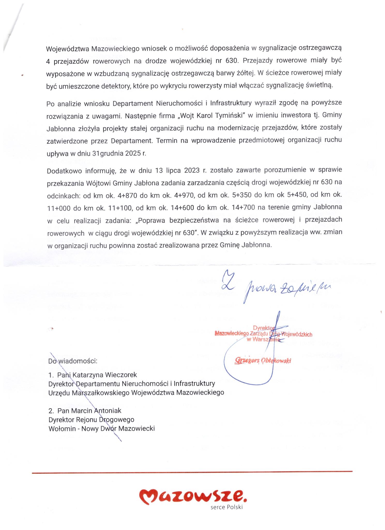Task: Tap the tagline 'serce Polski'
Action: (x=227, y=507)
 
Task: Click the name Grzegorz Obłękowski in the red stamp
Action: (x=263, y=360)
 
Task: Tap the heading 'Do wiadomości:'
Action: (x=73, y=361)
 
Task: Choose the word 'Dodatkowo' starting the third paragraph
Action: (x=64, y=171)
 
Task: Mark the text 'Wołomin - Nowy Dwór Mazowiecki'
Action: (x=101, y=429)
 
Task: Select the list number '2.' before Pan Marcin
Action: (x=51, y=411)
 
